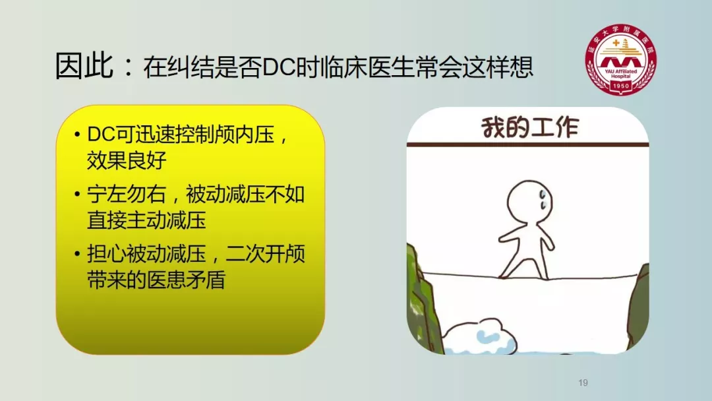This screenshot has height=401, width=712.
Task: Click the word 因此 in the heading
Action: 84,67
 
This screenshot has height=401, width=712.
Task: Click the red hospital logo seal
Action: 620,59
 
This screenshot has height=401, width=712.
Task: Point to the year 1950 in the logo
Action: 620,85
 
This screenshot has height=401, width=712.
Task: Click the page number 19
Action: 583,383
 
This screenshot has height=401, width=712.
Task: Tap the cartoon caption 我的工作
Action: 530,127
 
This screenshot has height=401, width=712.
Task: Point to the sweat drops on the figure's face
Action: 543,200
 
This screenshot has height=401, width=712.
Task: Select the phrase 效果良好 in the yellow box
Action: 127,160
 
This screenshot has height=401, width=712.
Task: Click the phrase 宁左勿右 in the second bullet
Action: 127,195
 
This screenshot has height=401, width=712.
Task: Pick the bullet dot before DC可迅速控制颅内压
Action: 77,135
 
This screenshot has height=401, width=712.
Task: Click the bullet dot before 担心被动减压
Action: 77,254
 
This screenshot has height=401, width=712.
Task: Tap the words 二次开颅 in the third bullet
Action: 265,254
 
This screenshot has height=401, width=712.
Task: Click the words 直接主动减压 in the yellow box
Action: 146,220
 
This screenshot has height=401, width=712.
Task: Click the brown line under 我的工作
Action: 527,145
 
